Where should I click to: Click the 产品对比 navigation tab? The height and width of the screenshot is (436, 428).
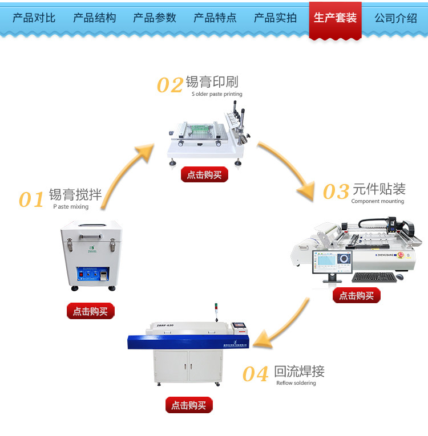pyautogui.click(x=34, y=18)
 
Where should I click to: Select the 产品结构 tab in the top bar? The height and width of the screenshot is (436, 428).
pyautogui.click(x=94, y=18)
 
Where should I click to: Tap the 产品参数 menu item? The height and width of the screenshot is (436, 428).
pyautogui.click(x=155, y=18)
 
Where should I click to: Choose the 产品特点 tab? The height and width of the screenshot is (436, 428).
pyautogui.click(x=215, y=18)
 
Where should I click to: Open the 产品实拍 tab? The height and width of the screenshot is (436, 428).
pyautogui.click(x=275, y=18)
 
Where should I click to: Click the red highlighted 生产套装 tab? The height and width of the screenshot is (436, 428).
pyautogui.click(x=335, y=18)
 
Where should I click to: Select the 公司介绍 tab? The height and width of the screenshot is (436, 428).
pyautogui.click(x=395, y=18)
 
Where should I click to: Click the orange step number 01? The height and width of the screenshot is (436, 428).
pyautogui.click(x=31, y=200)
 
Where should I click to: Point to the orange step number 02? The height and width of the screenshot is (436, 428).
pyautogui.click(x=170, y=85)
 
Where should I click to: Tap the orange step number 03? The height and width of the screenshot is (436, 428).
pyautogui.click(x=336, y=192)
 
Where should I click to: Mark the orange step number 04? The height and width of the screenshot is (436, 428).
pyautogui.click(x=255, y=374)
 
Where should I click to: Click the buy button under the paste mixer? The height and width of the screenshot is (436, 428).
pyautogui.click(x=90, y=311)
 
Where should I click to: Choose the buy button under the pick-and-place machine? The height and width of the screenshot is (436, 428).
pyautogui.click(x=356, y=295)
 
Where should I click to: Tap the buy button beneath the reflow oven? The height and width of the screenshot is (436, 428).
pyautogui.click(x=189, y=405)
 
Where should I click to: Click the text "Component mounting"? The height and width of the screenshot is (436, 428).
pyautogui.click(x=377, y=201)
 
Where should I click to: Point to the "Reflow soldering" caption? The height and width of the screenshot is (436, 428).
pyautogui.click(x=296, y=383)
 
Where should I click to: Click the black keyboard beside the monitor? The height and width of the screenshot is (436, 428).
pyautogui.click(x=374, y=278)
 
